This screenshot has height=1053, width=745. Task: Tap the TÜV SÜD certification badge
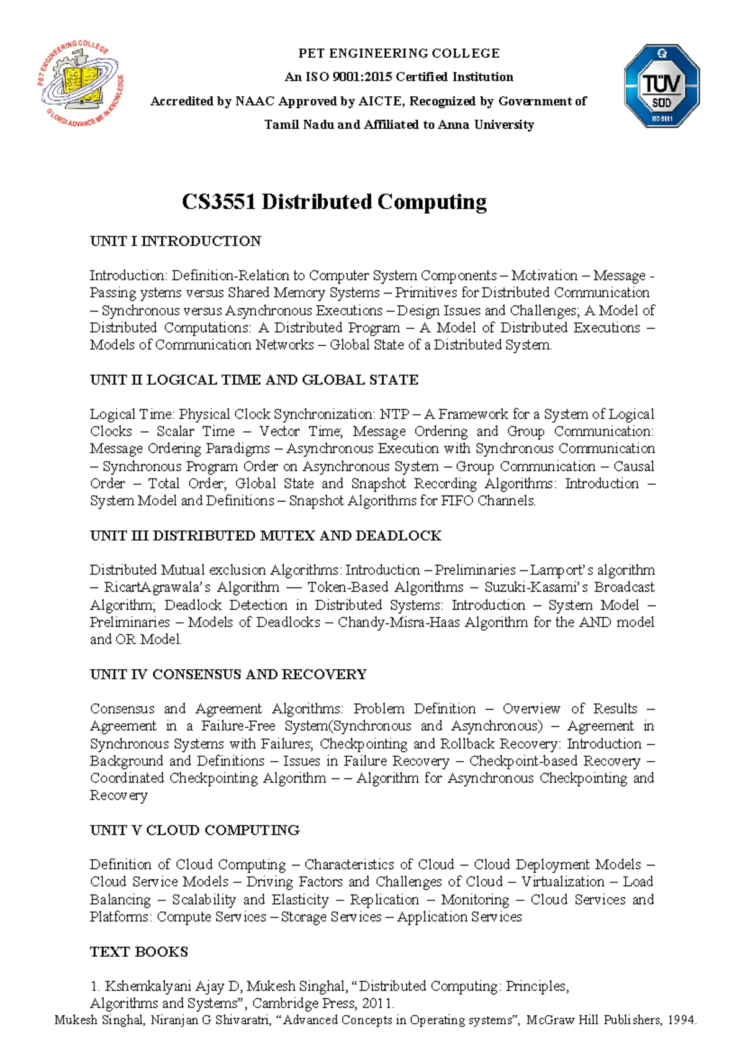click(x=662, y=86)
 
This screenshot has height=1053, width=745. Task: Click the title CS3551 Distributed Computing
click(x=334, y=202)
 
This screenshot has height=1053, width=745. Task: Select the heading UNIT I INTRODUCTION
click(x=175, y=241)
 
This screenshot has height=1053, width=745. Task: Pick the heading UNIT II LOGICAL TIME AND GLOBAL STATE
click(x=254, y=380)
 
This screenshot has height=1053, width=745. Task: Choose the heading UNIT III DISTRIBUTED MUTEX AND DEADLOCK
click(x=265, y=536)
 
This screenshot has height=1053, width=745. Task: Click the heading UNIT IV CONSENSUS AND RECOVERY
click(x=228, y=674)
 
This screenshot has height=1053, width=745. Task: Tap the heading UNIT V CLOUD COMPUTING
click(x=194, y=830)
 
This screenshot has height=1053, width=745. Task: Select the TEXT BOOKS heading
click(x=138, y=952)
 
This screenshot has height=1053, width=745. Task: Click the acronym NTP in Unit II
click(x=394, y=414)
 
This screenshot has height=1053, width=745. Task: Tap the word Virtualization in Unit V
click(x=562, y=882)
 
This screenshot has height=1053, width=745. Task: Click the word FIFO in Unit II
click(x=457, y=501)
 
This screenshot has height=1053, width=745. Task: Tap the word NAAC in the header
click(x=255, y=101)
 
